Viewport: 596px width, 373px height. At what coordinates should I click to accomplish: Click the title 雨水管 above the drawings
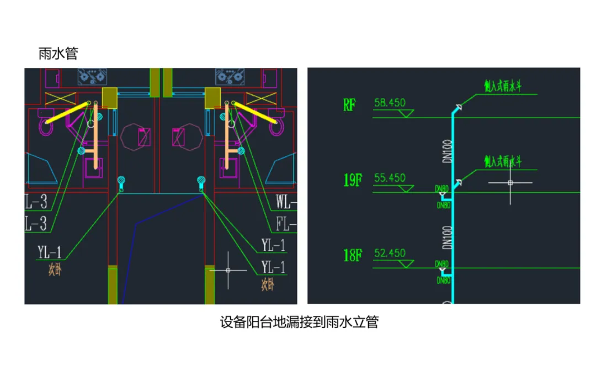(58, 54)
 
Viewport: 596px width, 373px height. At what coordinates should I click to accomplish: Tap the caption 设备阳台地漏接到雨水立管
(299, 323)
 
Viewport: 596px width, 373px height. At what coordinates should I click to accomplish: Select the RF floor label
(349, 105)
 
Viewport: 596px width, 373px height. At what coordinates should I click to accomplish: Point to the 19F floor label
(353, 180)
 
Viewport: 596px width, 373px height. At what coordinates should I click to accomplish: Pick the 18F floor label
(352, 255)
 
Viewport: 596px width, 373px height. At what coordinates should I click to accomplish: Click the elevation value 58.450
(390, 103)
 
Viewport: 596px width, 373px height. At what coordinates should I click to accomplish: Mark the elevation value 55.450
(390, 178)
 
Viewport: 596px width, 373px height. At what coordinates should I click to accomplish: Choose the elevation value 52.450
(390, 253)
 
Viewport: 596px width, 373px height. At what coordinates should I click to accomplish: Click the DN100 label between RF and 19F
(448, 150)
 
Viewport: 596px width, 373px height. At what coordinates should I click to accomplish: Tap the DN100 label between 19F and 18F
(448, 235)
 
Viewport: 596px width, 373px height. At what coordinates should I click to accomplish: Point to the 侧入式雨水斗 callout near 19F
(503, 162)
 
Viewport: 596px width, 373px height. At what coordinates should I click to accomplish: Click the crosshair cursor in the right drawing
(510, 182)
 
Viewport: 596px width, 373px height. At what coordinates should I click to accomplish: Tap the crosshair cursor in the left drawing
(228, 270)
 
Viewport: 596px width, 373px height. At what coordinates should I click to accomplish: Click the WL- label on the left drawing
(286, 202)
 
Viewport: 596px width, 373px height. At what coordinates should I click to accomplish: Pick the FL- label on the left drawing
(286, 224)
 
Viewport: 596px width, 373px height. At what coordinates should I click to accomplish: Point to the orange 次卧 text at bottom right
(268, 285)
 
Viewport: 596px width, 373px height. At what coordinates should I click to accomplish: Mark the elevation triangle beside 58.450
(407, 113)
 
